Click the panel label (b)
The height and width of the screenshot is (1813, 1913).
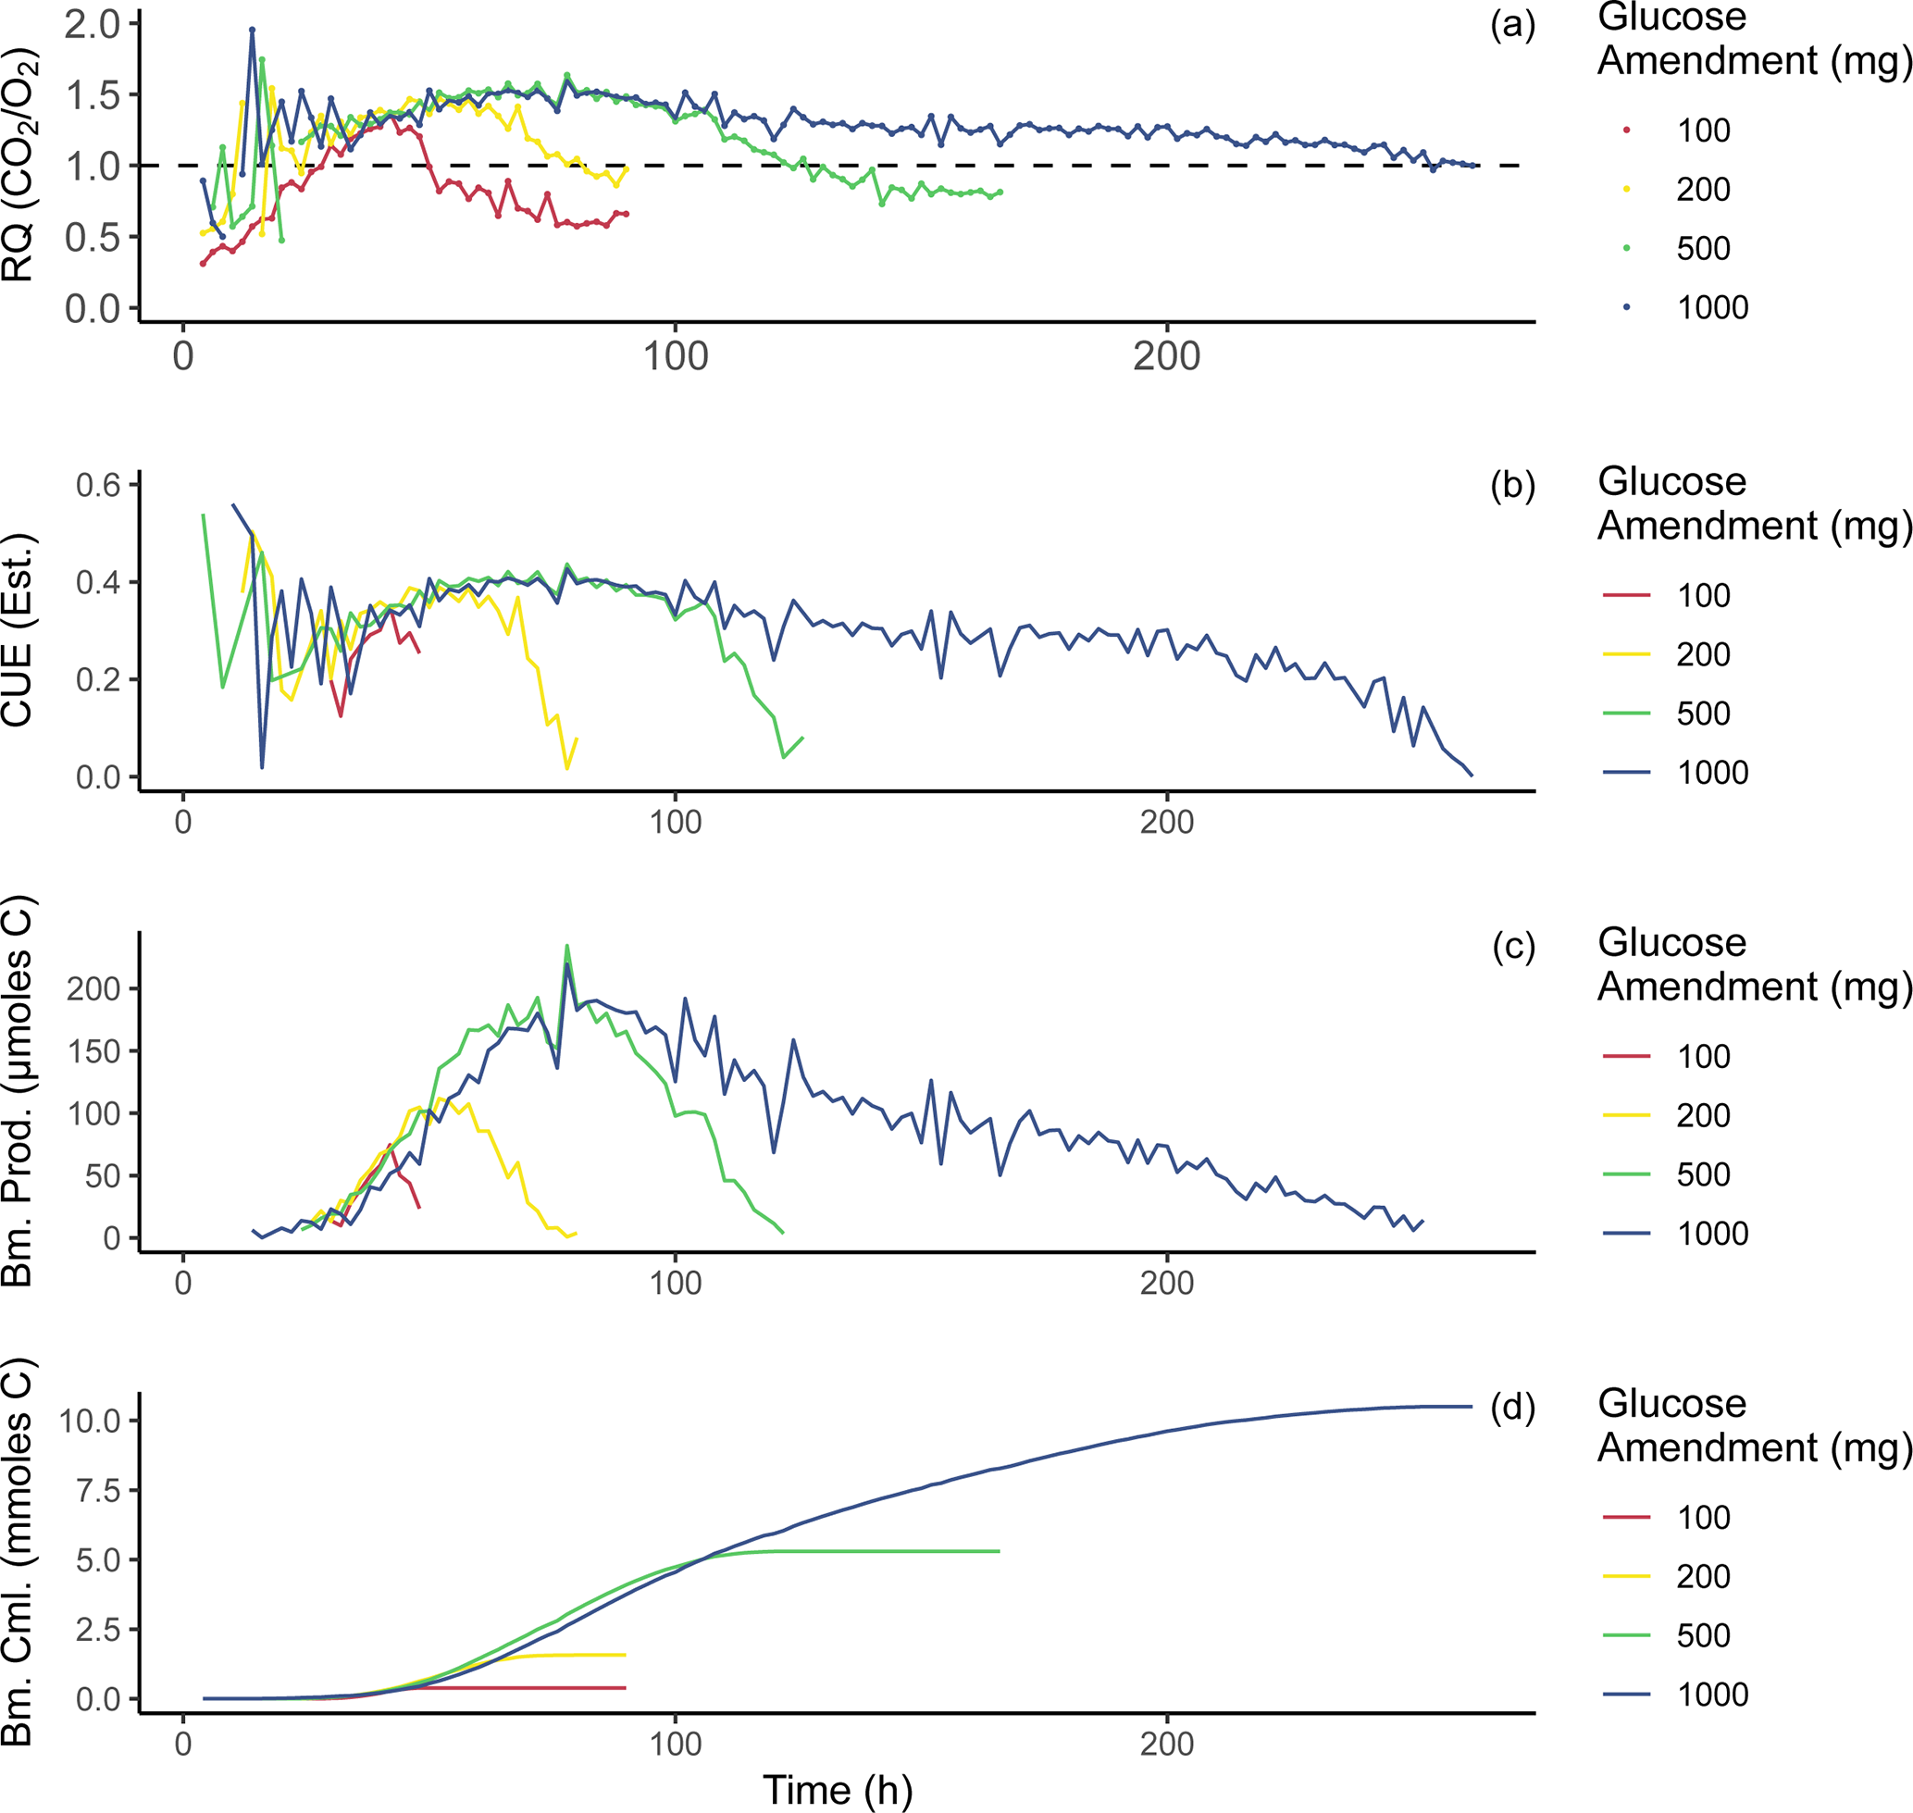(x=1512, y=486)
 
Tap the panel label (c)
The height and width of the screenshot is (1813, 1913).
(x=1512, y=947)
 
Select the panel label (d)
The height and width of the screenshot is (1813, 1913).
(x=1512, y=1408)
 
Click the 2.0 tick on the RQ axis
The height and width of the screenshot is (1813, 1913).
(x=92, y=24)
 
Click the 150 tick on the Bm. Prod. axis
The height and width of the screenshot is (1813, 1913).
(x=93, y=1051)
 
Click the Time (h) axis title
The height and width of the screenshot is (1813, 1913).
(x=838, y=1790)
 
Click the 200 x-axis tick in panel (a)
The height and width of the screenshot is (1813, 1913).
(x=1167, y=356)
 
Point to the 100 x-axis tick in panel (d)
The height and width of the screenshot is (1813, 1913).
(x=675, y=1745)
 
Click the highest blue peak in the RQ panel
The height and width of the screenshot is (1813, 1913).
(x=253, y=30)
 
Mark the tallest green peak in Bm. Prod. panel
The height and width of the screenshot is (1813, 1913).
(x=566, y=946)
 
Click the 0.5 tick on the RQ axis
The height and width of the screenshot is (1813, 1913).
(x=92, y=238)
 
